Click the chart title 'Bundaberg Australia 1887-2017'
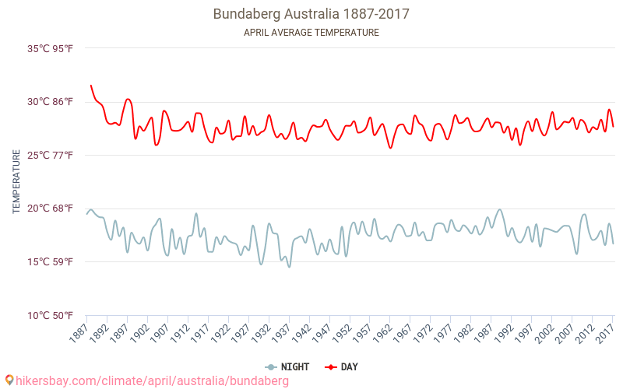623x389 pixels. (311, 14)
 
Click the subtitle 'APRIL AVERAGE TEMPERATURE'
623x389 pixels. (311, 33)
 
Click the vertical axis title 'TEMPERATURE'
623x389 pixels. (16, 182)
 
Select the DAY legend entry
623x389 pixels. (341, 367)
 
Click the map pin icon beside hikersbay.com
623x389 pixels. (9, 380)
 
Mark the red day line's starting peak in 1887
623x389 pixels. (90, 86)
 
